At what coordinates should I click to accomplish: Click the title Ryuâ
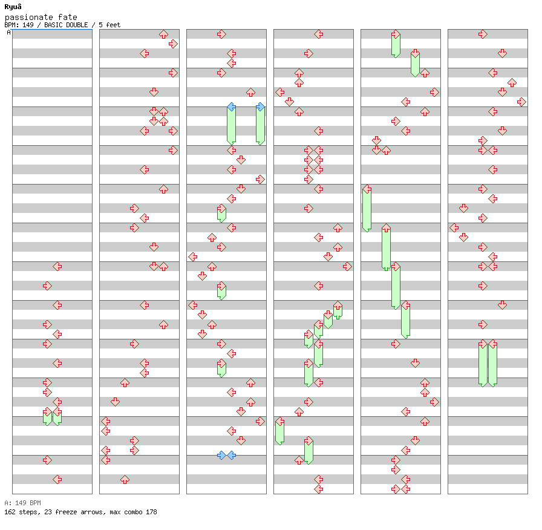pos(13,7)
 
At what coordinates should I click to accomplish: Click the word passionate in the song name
pos(28,18)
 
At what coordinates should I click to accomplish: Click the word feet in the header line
pos(113,25)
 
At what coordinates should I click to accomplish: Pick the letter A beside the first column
pos(8,32)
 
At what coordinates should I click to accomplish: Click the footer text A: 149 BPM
pos(22,503)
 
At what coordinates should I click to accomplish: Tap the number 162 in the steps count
pos(10,512)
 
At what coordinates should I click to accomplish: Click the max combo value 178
pos(151,512)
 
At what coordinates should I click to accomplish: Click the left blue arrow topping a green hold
pos(232,107)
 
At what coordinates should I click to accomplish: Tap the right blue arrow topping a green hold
pos(260,107)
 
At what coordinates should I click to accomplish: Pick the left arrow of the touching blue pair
pos(221,456)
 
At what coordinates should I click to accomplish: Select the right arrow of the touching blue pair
pos(232,456)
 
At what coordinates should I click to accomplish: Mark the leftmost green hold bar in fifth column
pos(367,210)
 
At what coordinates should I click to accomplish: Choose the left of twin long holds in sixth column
pos(483,365)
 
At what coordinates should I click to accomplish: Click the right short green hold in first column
pos(57,418)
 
